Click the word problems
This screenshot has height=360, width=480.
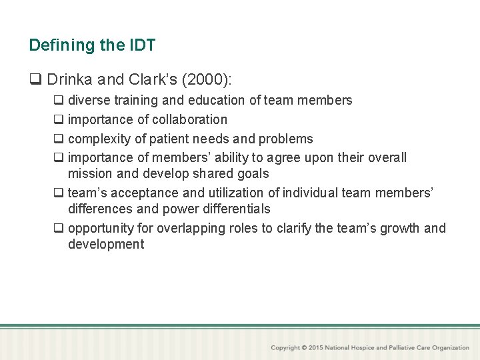tap(285, 139)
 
